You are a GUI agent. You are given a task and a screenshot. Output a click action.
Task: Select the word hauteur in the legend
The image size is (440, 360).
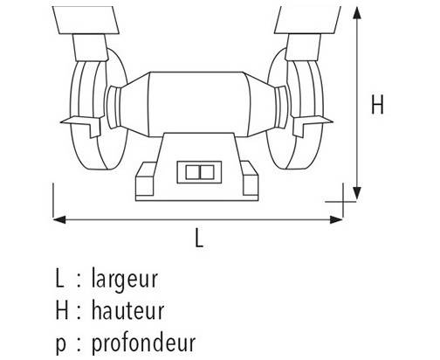[x=128, y=310]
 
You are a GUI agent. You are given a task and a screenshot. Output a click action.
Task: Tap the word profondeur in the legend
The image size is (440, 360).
[x=143, y=343]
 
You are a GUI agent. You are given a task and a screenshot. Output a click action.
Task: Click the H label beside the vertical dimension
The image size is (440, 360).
[x=377, y=104]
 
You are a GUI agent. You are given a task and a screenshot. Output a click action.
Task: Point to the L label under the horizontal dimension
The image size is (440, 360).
[x=199, y=238]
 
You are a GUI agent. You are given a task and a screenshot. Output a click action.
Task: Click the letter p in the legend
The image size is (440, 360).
[x=61, y=345]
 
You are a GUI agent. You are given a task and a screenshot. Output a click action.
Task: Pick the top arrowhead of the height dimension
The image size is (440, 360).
[x=357, y=13]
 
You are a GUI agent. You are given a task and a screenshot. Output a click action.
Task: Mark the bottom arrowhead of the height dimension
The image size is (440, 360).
[x=357, y=193]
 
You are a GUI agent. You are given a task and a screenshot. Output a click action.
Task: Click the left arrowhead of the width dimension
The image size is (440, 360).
[x=59, y=219]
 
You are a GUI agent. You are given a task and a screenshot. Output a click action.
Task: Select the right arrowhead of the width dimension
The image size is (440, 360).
[x=336, y=219]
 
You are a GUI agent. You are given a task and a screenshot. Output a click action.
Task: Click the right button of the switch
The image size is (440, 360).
[x=207, y=172]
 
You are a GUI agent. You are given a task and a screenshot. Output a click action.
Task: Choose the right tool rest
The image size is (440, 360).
[x=313, y=125]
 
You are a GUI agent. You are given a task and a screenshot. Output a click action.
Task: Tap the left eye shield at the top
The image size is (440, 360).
[x=86, y=20]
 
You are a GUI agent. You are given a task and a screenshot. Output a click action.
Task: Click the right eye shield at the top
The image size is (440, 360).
[x=307, y=20]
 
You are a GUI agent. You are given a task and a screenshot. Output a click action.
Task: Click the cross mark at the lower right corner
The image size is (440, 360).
[x=344, y=201]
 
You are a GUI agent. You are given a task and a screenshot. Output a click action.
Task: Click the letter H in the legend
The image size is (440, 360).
[x=62, y=311]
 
